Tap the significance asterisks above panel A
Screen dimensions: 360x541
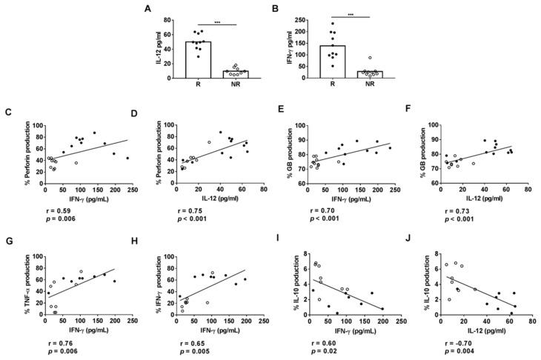216,21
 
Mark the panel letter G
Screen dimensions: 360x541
7,241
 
